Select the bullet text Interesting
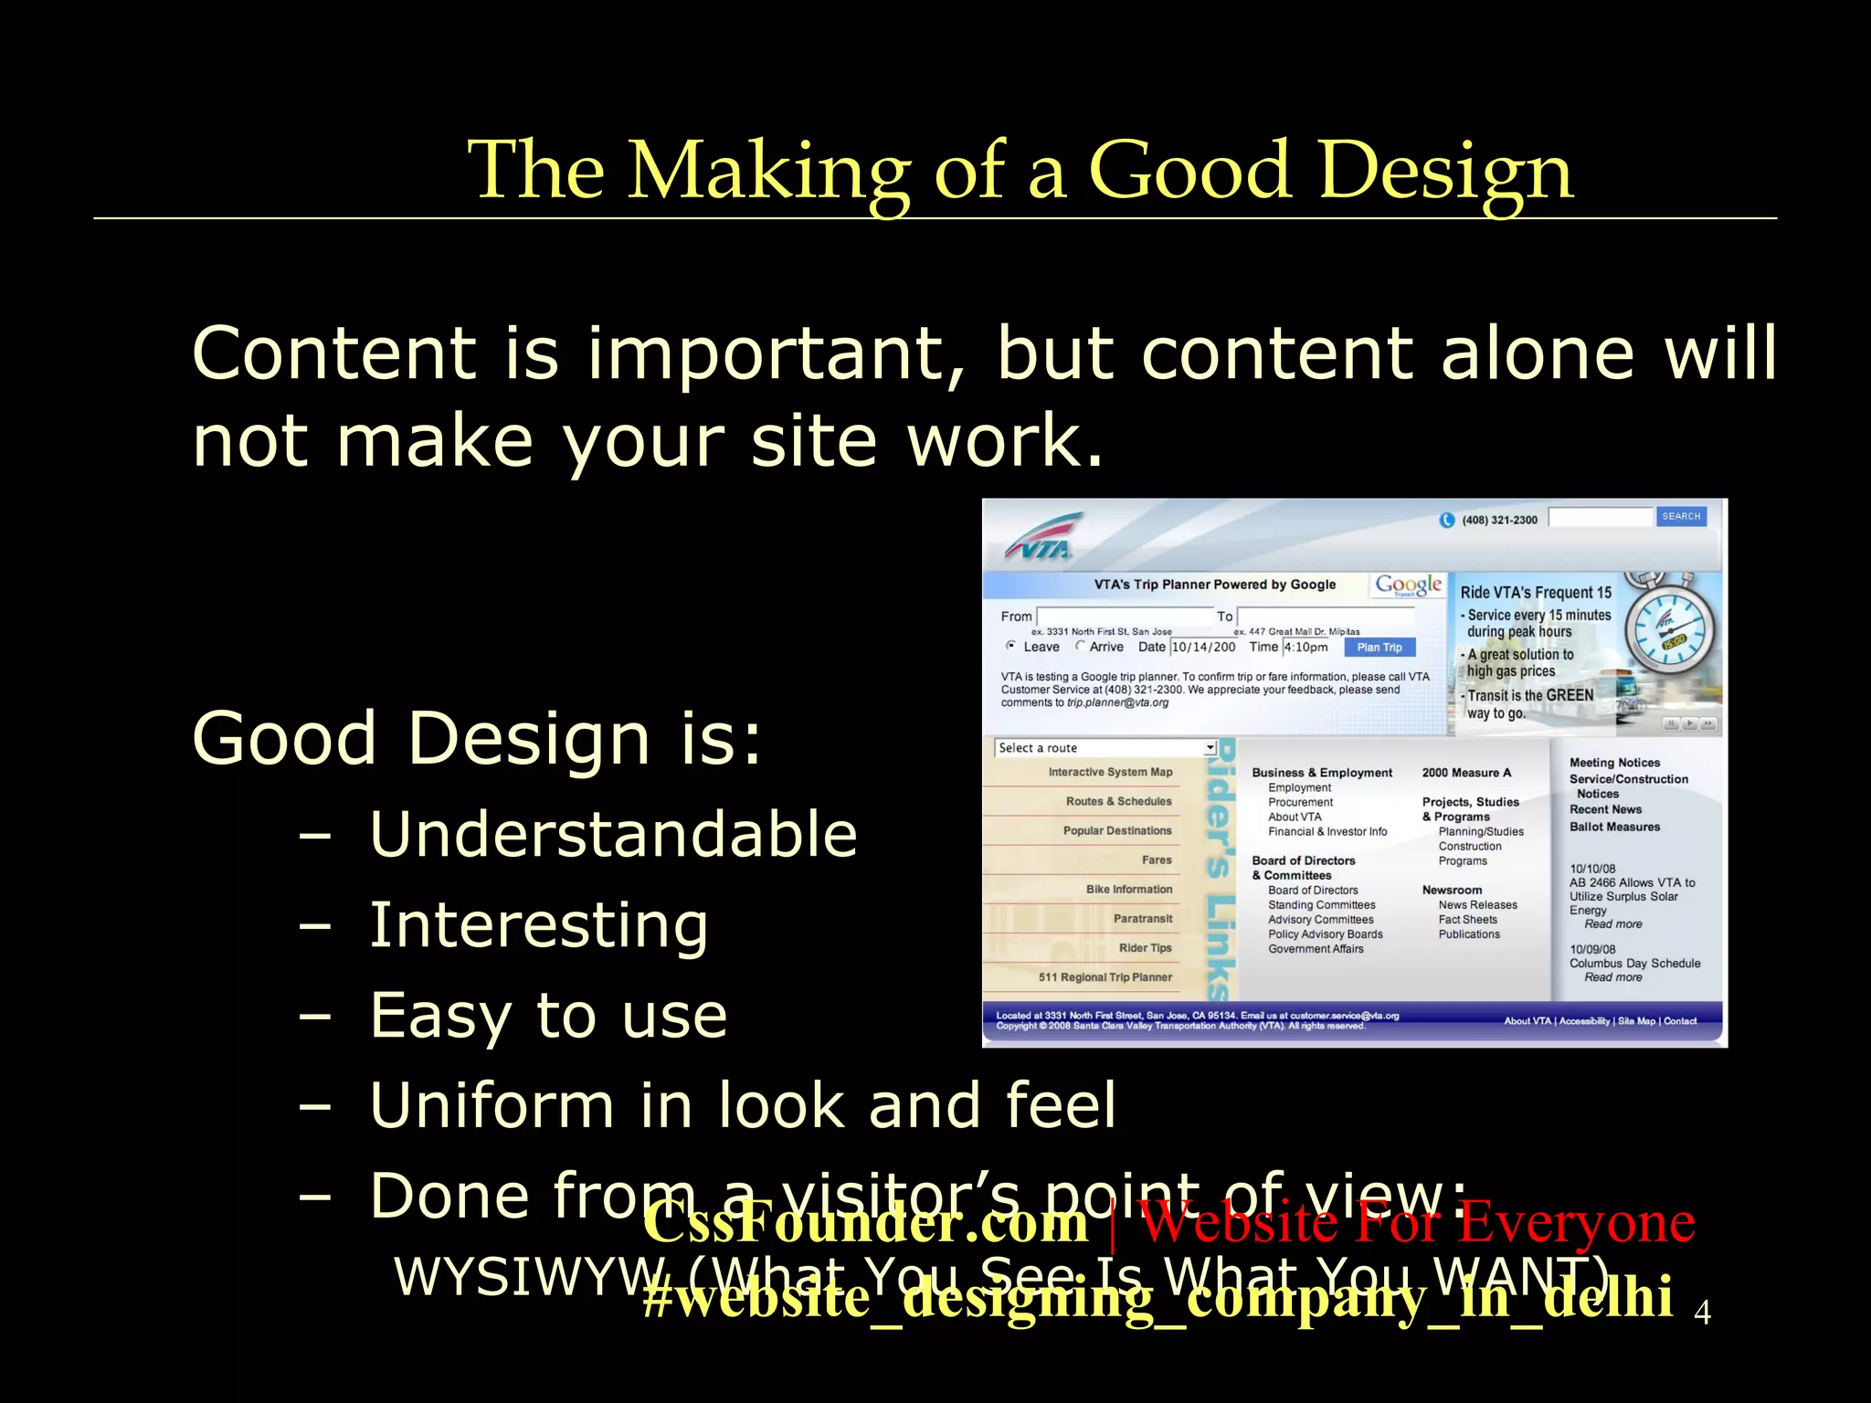click(x=538, y=924)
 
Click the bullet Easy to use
click(x=548, y=1015)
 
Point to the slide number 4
click(x=1702, y=1313)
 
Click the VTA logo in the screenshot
click(x=1042, y=539)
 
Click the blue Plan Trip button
click(x=1379, y=648)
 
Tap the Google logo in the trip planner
click(x=1408, y=585)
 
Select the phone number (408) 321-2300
click(x=1499, y=520)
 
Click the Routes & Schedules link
click(x=1118, y=801)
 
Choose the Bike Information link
click(x=1128, y=889)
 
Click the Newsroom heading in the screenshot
click(x=1452, y=890)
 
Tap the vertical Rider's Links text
click(x=1220, y=870)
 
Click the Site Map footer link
click(x=1636, y=1021)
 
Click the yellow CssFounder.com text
click(x=865, y=1222)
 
